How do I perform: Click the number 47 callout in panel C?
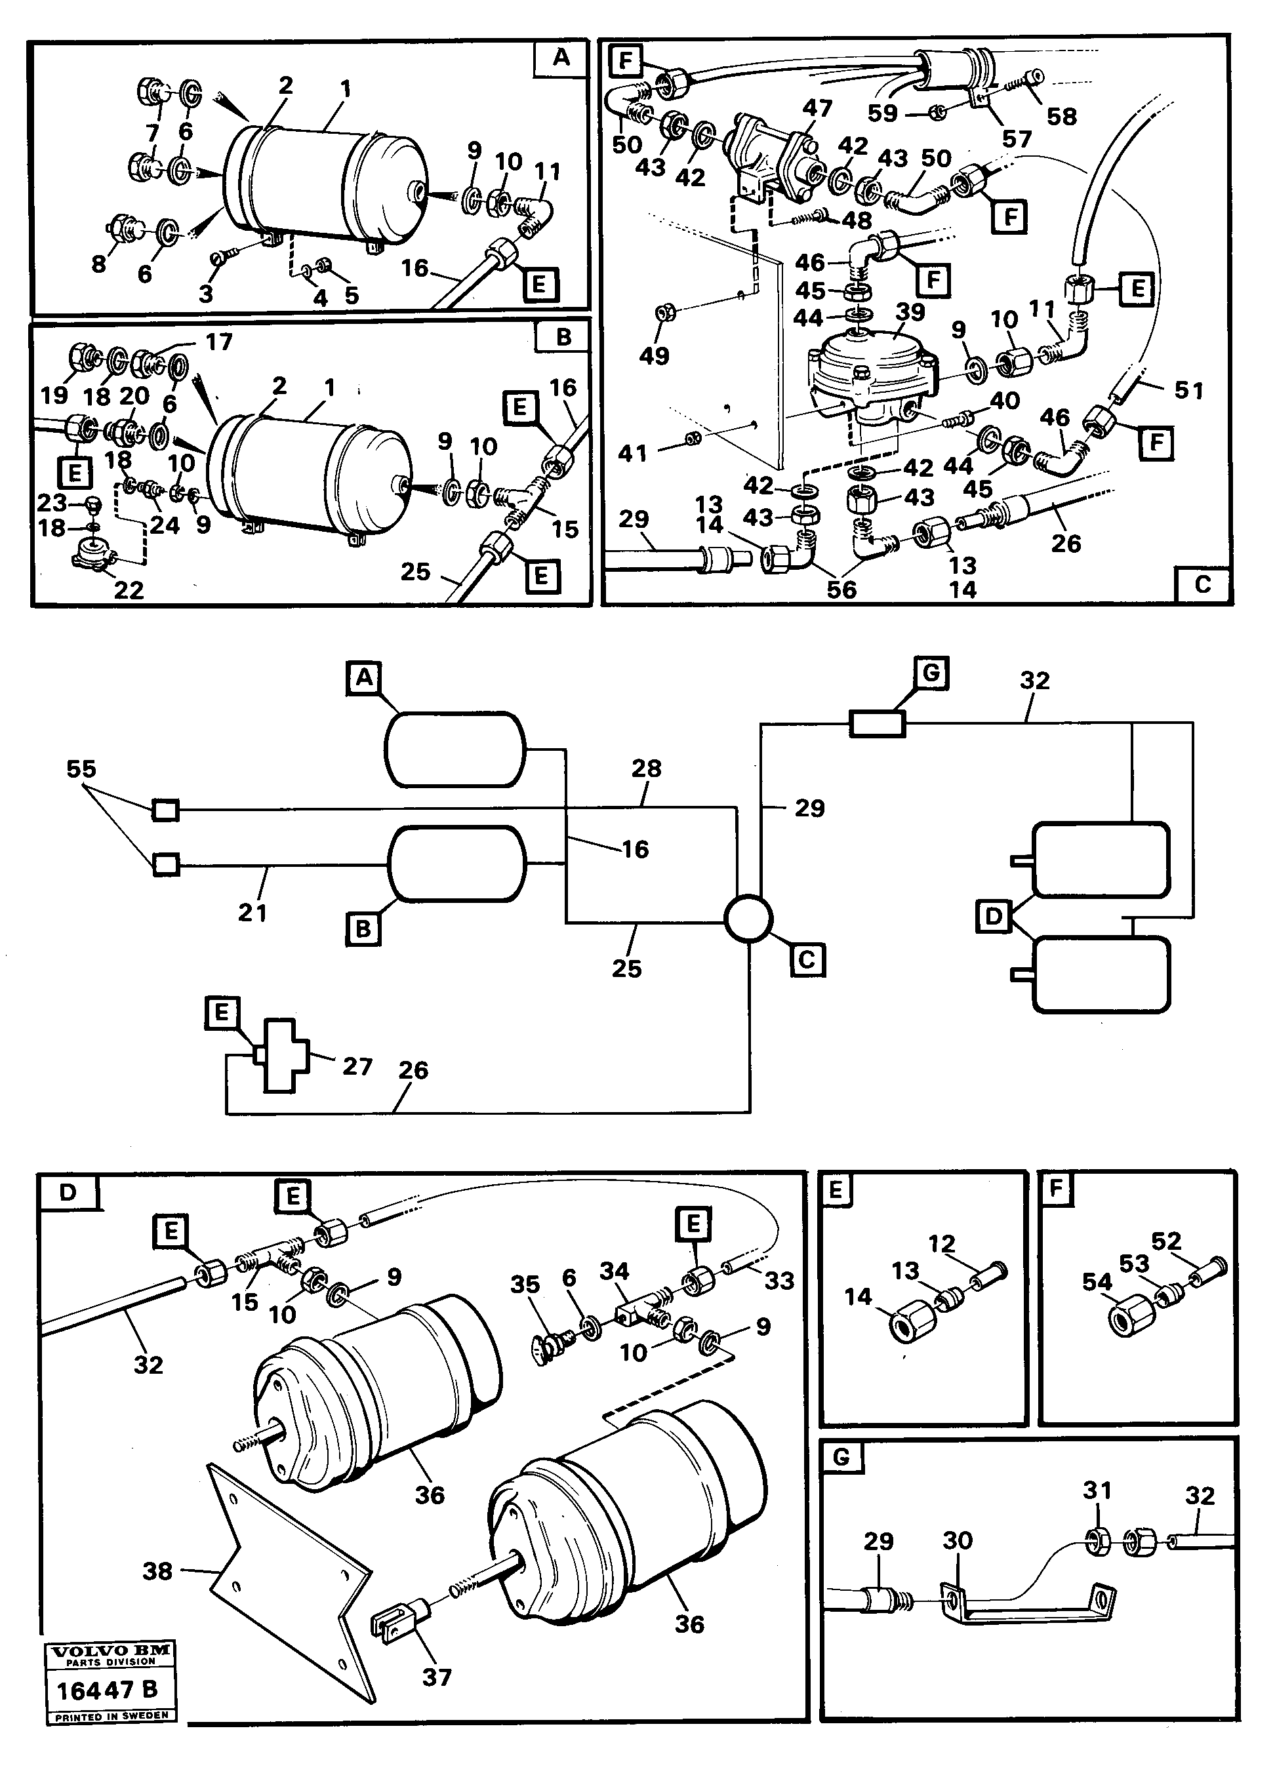(x=817, y=108)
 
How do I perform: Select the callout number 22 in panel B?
(x=129, y=589)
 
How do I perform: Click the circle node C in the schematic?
(x=748, y=918)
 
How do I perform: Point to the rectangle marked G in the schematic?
(x=878, y=723)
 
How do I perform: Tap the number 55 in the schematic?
(x=81, y=769)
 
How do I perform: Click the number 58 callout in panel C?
(x=1062, y=117)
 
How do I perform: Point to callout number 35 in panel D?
(x=525, y=1285)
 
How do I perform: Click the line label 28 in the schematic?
(x=647, y=769)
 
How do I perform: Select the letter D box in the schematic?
(x=994, y=916)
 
